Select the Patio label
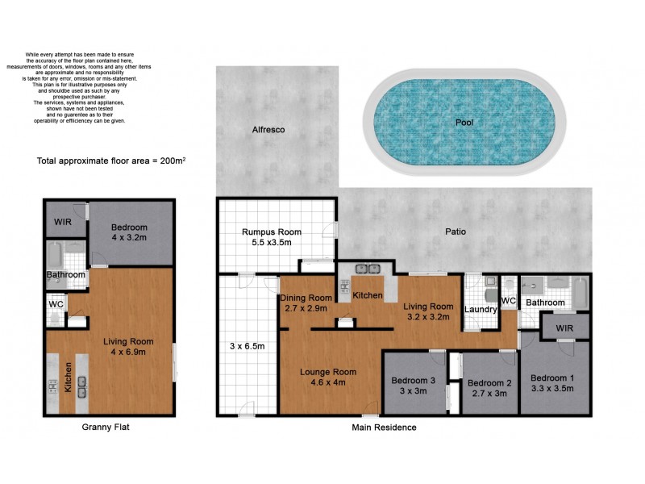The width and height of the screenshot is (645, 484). coord(456,232)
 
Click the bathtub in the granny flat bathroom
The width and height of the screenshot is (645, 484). coord(52,255)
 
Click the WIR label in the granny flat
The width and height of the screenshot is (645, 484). coord(64,221)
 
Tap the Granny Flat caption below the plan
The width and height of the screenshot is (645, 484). coord(106,428)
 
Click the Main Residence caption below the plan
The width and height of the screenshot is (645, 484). coord(384,428)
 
